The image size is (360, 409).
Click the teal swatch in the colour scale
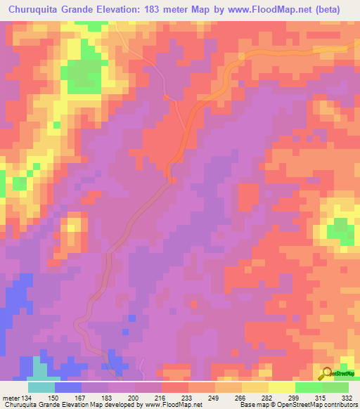tap(41, 387)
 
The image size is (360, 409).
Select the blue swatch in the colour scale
tap(68, 387)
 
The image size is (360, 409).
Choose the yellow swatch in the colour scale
tap(282, 387)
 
